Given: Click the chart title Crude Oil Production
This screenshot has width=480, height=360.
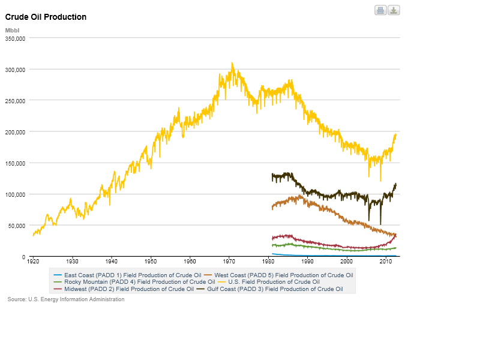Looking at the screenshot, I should coord(46,17).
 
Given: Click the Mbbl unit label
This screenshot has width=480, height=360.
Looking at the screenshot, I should coord(12,30).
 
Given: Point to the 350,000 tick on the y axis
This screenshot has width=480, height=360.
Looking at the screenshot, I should coord(15,38).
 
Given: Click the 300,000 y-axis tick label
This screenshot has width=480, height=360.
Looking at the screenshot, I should coord(15,70).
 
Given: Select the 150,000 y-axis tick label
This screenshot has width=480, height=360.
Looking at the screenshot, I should coord(15,163).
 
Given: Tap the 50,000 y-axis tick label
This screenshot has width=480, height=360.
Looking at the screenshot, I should coord(17,226).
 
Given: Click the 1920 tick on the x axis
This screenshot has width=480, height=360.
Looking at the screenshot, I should coord(33,262).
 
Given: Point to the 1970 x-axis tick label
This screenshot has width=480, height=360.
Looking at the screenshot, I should coord(229,262).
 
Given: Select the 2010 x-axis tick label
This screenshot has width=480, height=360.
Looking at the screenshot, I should coord(386,262).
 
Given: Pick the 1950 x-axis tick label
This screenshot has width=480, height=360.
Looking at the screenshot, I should coord(151,262).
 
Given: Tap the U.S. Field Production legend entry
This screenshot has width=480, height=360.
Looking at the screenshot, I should coord(274,281).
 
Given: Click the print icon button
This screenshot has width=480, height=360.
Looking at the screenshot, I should coord(380,10).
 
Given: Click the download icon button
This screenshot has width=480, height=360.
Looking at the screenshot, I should coord(394,10).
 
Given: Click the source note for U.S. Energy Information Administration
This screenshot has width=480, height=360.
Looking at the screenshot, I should coord(66,299).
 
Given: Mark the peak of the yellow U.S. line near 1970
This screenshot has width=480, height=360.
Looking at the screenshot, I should coord(232,63).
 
